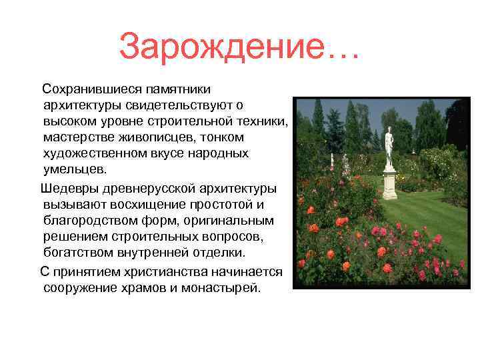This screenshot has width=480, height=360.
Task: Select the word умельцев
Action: (x=74, y=169)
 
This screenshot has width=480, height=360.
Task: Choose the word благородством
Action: (x=87, y=221)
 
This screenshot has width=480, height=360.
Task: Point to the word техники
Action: (x=264, y=121)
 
